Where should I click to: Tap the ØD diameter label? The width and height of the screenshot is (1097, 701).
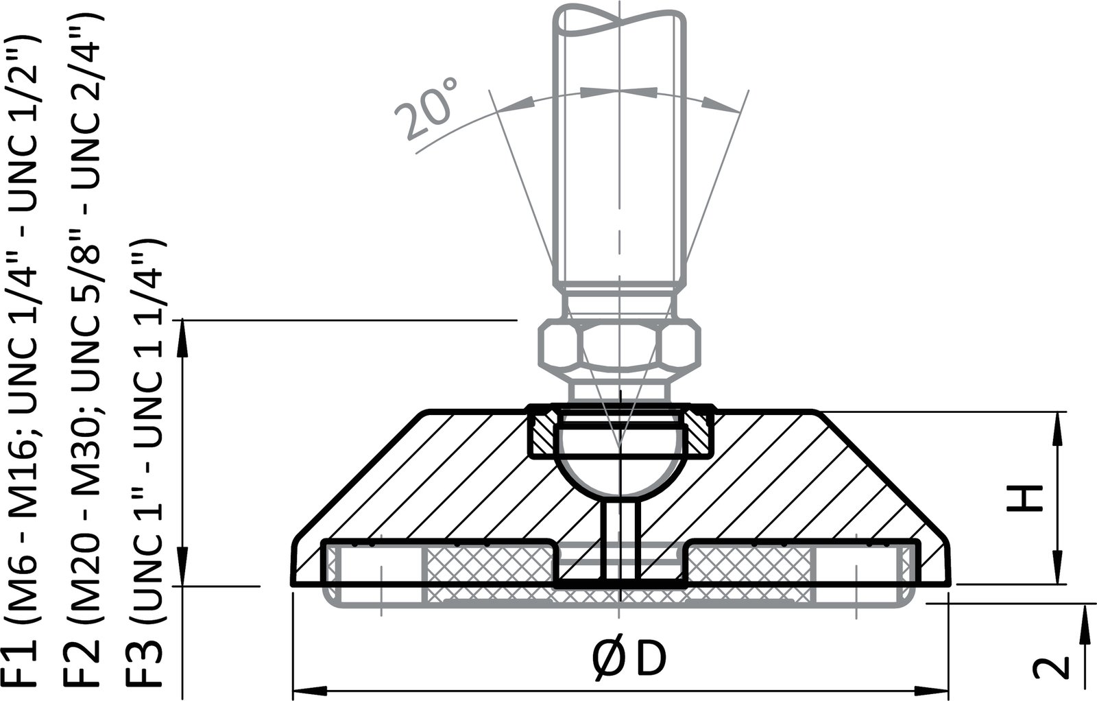point(628,659)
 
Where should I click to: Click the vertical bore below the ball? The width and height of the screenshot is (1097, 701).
point(620,538)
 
